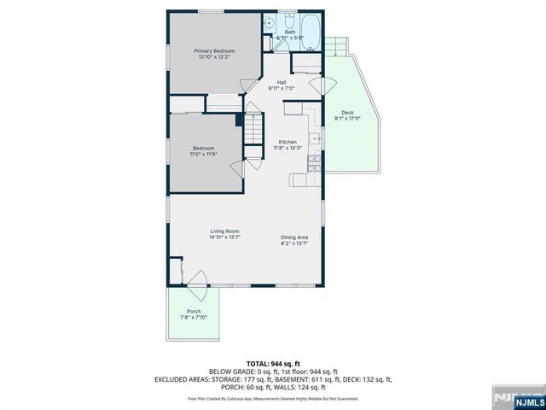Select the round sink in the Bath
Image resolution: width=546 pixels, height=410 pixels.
(269, 25)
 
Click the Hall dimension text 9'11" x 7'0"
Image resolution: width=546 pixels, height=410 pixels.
(281, 88)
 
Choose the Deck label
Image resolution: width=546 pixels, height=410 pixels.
(347, 113)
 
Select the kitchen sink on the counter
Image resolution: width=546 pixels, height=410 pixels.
(315, 137)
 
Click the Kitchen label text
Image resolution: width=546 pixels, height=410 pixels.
(288, 143)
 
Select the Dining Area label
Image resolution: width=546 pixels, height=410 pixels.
(294, 238)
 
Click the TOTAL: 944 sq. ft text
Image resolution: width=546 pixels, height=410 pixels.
(272, 362)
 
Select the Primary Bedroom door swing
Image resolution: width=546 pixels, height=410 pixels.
(247, 82)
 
